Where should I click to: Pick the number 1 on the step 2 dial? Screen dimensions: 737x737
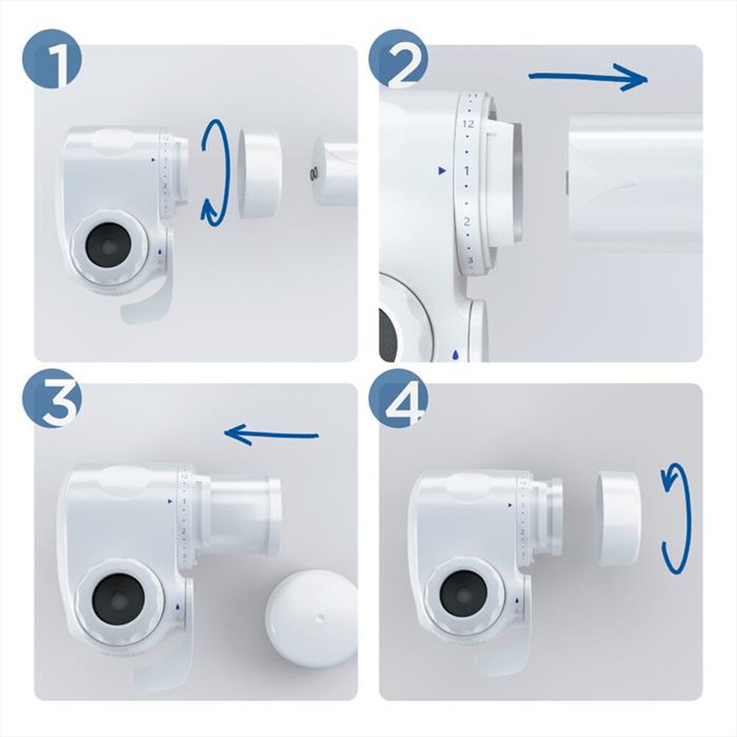click(x=466, y=171)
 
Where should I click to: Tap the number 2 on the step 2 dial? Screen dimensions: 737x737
click(x=467, y=220)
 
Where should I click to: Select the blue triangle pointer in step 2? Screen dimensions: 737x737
click(x=441, y=171)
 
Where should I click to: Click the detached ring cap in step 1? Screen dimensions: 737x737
click(x=259, y=173)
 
